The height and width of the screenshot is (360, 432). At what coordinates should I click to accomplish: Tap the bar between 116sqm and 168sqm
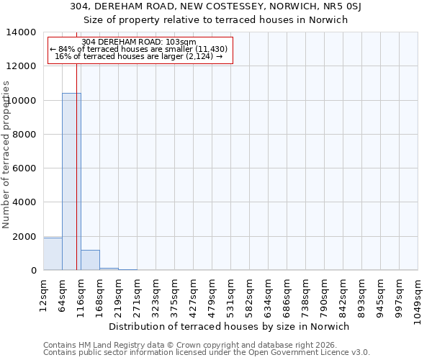click(x=90, y=260)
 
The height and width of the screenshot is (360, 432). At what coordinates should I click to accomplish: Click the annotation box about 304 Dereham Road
click(x=140, y=50)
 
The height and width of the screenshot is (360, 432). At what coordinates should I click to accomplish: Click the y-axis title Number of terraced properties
click(x=6, y=155)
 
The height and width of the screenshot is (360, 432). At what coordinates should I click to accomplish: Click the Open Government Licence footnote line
click(x=206, y=353)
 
